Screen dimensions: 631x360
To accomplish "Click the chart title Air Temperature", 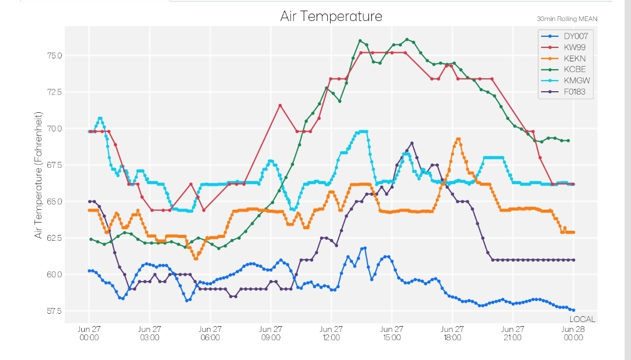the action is coord(331,16).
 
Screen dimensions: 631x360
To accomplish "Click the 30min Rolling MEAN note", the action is coord(567,19).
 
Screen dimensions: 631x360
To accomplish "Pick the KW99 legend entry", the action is coord(563,47).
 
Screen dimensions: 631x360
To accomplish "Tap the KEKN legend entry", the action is coord(563,59).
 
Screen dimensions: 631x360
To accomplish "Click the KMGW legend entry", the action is coord(566,81).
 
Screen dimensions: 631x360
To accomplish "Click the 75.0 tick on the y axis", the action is coord(55,56).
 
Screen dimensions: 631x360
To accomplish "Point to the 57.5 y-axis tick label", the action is coord(55,311).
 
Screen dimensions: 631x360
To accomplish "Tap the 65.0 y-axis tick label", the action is coord(55,202).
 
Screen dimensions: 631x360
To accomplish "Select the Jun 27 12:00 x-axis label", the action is coord(331,333).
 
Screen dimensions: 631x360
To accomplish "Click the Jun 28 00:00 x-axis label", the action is coord(573,333).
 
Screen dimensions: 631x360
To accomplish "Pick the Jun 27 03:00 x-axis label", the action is coord(150,333).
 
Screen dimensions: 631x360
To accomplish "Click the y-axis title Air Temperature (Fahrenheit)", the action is coord(38,175).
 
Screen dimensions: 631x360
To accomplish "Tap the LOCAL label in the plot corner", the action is coord(583,319).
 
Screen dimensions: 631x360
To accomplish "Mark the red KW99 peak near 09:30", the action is coord(280,106).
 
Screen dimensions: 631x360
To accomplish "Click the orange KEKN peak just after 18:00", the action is coord(458,139).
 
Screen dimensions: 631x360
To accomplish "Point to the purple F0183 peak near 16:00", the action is coord(412,143).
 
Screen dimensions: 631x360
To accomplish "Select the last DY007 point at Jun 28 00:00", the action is coord(573,310).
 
